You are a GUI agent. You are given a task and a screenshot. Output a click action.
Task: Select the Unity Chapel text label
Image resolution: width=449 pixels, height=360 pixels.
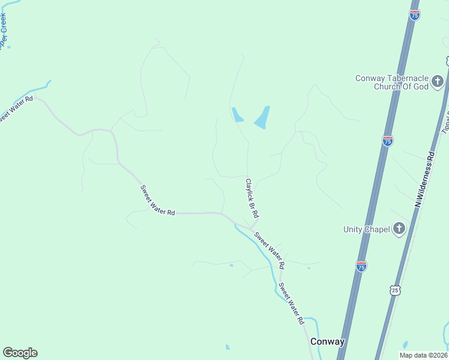coord(366,229)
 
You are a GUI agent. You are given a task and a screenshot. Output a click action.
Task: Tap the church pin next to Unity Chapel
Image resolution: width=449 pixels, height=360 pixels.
coord(399,228)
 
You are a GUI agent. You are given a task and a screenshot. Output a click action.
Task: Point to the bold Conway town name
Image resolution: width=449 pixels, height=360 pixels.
coord(328,342)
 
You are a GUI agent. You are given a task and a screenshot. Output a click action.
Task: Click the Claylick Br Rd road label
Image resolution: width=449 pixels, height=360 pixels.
coord(252,199)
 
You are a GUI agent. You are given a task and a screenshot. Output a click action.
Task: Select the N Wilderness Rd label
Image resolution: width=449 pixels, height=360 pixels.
coord(424,179)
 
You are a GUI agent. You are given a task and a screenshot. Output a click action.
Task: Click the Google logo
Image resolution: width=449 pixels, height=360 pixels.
coord(20,353)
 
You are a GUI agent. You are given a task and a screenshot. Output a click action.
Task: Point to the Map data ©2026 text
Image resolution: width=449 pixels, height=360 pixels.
coord(423,355)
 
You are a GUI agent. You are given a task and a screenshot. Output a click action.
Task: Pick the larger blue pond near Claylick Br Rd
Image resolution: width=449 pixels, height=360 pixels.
coord(262,117)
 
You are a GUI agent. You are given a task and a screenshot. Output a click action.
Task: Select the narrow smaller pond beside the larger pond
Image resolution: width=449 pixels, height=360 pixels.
coord(237,114)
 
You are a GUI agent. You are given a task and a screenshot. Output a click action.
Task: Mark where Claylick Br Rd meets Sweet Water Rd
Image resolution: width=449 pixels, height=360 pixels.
coord(250,227)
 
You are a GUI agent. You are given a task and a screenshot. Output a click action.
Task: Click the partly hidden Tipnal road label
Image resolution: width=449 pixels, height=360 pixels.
coord(445,120)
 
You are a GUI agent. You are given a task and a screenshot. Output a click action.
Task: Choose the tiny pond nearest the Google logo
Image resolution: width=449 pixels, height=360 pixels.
coord(227,347)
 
